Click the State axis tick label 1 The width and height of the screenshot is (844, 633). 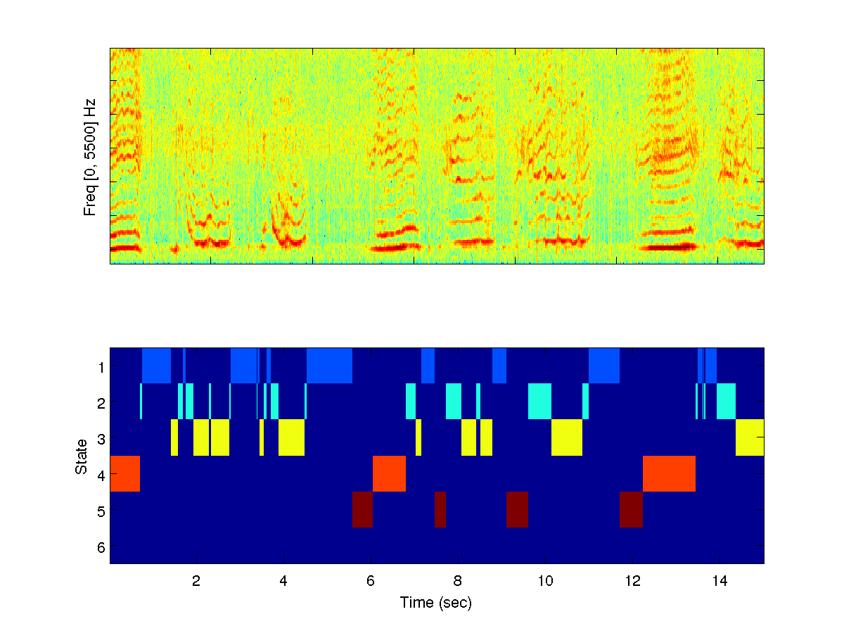[101, 366]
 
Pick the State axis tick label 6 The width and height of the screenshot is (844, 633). [101, 546]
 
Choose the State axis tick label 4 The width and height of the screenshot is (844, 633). [101, 475]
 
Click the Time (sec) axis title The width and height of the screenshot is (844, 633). [435, 603]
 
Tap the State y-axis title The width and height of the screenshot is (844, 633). [82, 456]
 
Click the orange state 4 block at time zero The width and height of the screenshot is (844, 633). [125, 473]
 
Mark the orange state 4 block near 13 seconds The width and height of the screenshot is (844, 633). [669, 473]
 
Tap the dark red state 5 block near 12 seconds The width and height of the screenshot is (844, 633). [631, 509]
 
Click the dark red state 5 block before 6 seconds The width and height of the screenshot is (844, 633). [362, 509]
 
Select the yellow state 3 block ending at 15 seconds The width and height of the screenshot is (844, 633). [750, 437]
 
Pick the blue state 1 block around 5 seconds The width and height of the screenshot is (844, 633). [329, 366]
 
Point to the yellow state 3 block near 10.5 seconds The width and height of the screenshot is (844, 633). [567, 437]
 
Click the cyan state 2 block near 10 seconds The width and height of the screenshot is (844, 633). [539, 402]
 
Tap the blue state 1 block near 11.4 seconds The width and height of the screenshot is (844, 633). [604, 366]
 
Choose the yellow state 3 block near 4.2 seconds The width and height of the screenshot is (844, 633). [291, 437]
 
